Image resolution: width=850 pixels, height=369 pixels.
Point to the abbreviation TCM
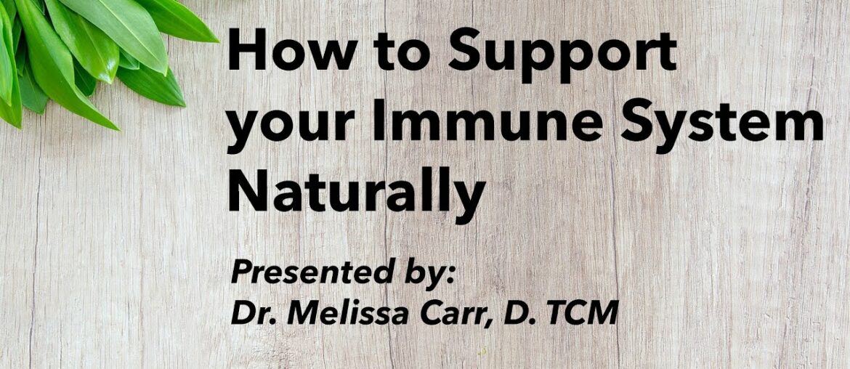point(582,312)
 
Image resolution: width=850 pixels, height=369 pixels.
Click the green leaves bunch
point(80,51)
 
